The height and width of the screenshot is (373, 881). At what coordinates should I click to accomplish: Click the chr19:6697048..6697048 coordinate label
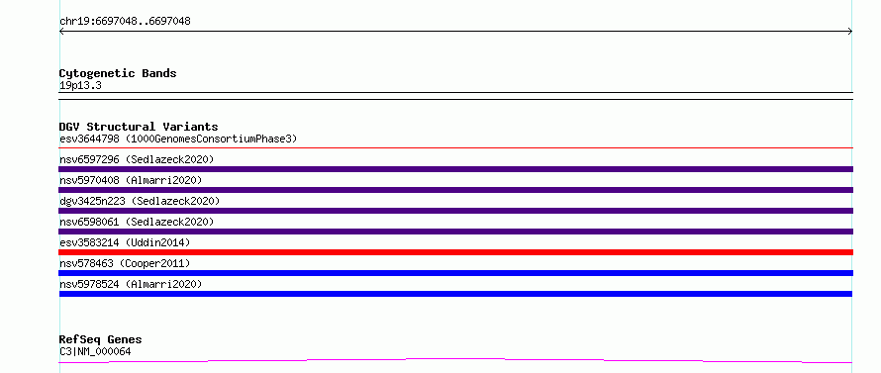125,22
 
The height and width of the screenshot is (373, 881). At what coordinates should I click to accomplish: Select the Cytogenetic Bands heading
118,73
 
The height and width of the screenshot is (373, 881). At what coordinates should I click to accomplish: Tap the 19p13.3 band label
80,86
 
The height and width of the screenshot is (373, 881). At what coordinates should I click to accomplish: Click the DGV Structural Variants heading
139,127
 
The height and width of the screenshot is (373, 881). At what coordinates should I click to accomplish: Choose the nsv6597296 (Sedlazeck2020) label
137,159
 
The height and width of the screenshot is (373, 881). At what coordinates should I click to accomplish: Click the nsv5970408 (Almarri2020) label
131,180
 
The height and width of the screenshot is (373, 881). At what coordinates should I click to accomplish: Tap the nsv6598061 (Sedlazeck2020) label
137,222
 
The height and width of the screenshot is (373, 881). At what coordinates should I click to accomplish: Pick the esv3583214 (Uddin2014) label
125,242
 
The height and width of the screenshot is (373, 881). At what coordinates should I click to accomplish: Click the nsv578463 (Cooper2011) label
125,263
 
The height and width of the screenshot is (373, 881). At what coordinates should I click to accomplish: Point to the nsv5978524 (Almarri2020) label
131,284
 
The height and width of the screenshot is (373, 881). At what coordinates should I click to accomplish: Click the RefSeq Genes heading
101,340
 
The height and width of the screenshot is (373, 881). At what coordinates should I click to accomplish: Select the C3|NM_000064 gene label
95,352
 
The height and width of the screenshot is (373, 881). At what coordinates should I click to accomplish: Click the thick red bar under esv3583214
455,252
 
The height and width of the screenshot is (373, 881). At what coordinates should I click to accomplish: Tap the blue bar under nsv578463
455,273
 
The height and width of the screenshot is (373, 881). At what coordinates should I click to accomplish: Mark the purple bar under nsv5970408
455,190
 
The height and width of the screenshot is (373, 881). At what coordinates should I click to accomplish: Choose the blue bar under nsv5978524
455,294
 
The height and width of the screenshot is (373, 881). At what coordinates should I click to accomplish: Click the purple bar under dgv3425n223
455,211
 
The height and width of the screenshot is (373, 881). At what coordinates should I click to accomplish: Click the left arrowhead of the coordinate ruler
60,32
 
